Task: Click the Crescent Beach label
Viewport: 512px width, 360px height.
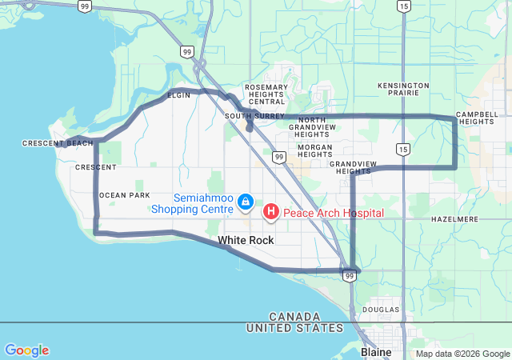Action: [58, 143]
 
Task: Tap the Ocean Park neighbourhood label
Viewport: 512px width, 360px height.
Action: [124, 195]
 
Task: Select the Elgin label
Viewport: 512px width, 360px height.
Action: [178, 95]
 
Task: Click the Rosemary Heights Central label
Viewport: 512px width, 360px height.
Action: [266, 94]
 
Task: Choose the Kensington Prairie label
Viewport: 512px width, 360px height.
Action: [403, 89]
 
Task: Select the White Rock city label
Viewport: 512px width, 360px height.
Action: [246, 240]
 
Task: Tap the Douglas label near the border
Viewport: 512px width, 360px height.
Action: [380, 309]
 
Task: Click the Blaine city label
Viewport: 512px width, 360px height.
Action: [376, 352]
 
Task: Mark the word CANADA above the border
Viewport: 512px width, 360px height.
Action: [295, 317]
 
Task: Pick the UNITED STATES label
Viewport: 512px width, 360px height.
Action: [295, 328]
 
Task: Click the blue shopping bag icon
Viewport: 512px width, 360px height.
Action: [246, 200]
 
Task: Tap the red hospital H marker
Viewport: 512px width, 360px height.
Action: [271, 211]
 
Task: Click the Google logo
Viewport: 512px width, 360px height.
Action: [26, 350]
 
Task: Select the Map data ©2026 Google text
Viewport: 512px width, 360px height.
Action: [462, 354]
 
